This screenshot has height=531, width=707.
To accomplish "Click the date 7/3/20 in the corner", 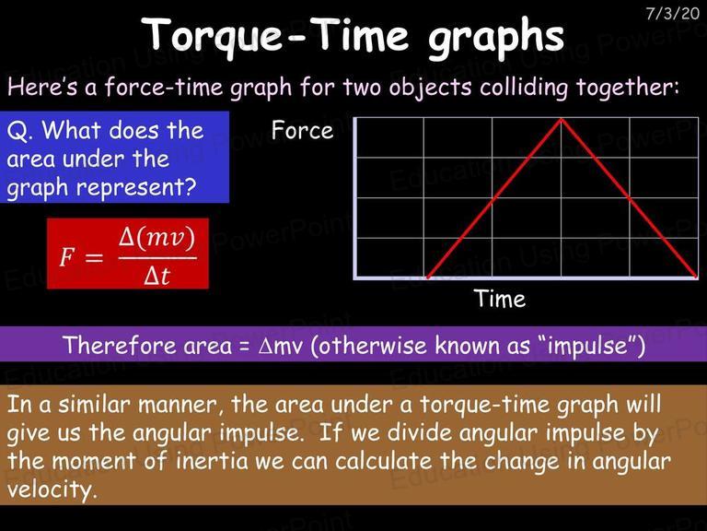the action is tap(672, 13).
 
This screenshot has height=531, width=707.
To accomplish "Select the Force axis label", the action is tap(302, 131).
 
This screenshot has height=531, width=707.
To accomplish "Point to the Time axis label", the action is tap(500, 299).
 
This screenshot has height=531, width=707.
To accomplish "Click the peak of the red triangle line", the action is tap(561, 119).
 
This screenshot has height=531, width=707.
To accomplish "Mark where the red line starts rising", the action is tap(427, 277).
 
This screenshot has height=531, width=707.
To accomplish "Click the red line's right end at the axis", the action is tap(697, 277).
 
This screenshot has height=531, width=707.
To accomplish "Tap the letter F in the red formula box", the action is tap(66, 257).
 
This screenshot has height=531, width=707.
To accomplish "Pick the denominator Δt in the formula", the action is tap(156, 275).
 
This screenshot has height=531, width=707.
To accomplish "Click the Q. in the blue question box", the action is tap(20, 132).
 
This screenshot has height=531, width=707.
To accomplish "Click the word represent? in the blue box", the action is tap(136, 188).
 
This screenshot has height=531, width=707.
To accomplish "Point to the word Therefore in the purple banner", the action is tap(120, 345).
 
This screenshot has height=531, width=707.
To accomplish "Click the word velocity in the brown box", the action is tap(52, 490).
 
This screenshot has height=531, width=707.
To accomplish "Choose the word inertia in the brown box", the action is tap(212, 461).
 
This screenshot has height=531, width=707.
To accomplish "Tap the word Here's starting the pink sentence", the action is tap(42, 87).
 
